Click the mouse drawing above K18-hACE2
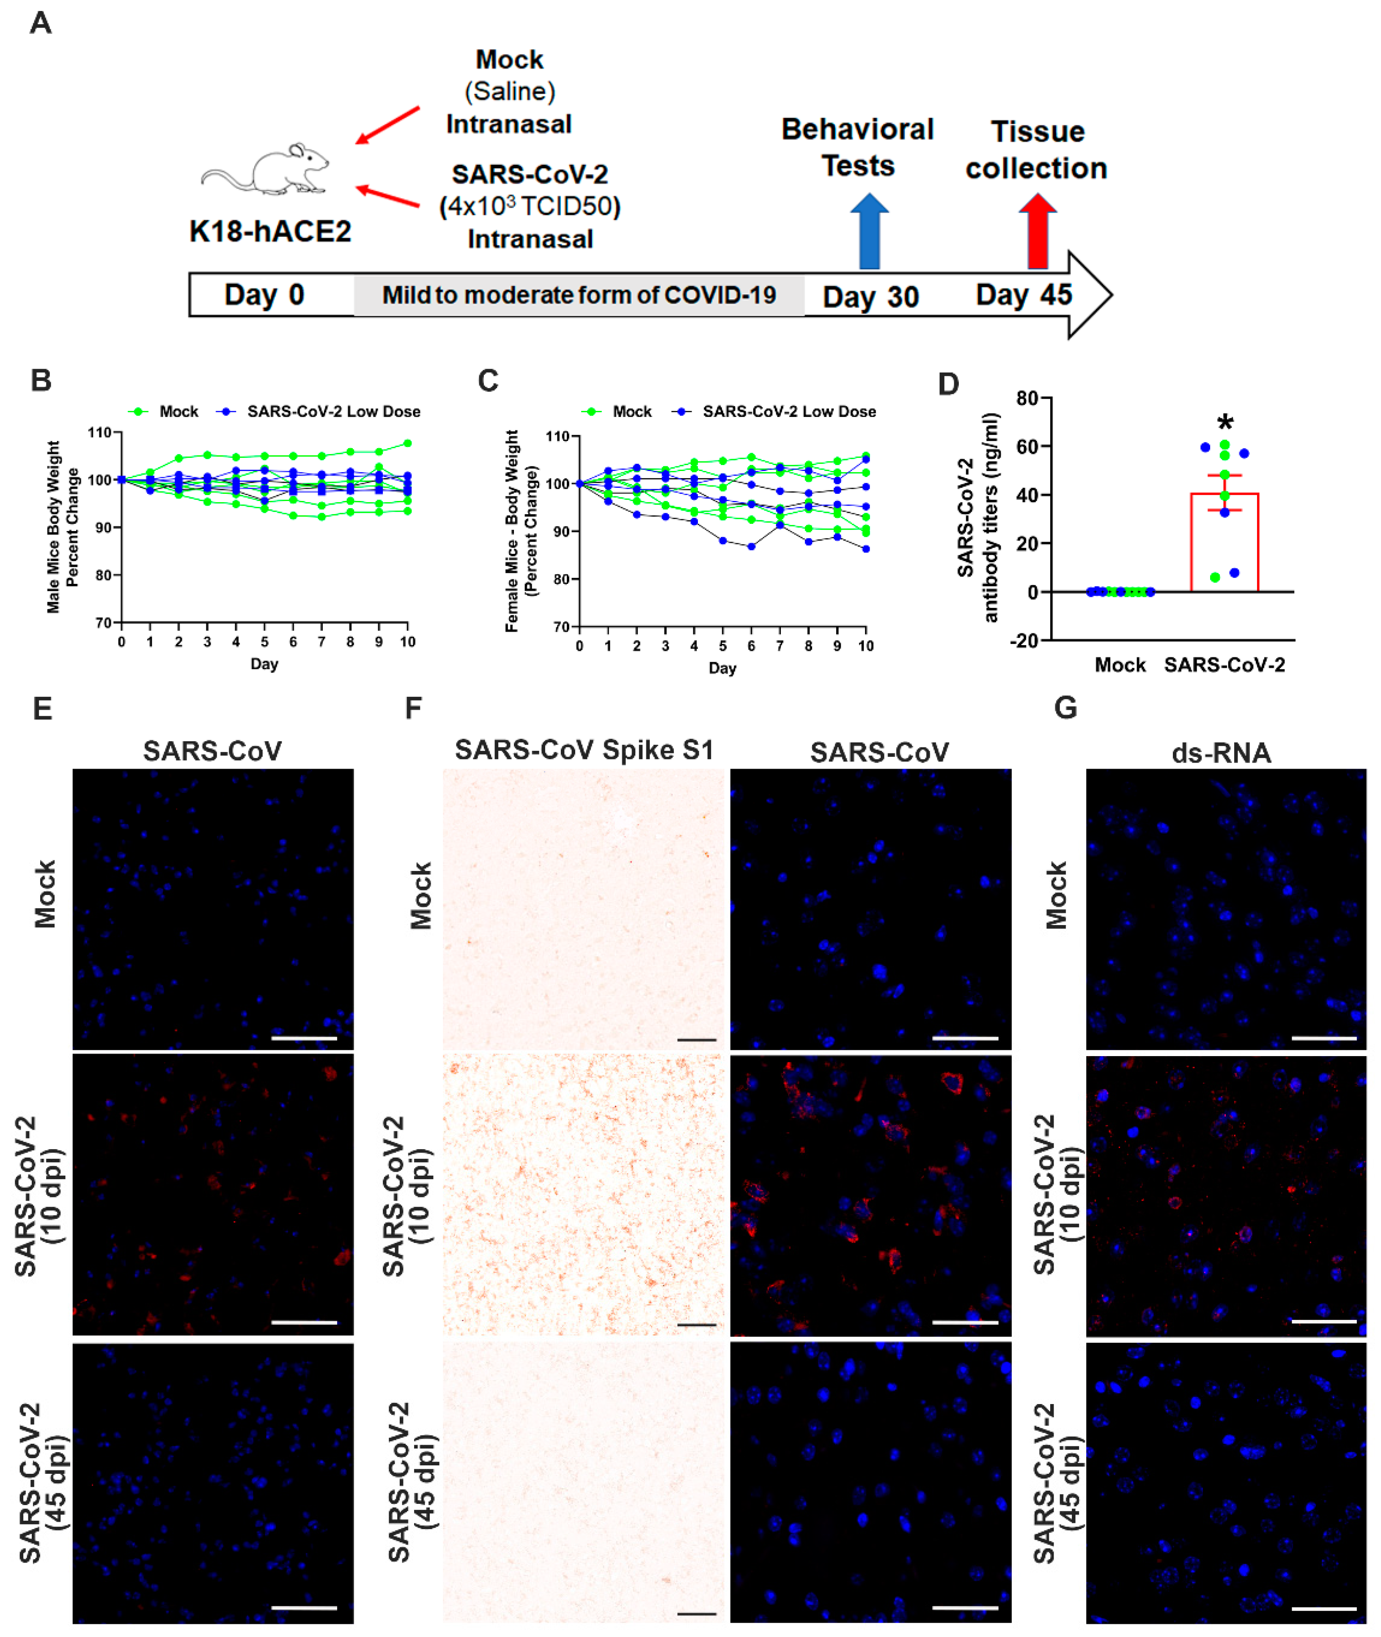tap(266, 168)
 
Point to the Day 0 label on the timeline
tap(264, 295)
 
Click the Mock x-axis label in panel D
tap(1120, 665)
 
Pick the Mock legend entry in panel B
tap(165, 412)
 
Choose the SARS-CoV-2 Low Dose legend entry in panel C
tap(775, 412)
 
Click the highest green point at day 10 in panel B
tap(407, 443)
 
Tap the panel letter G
tap(1065, 708)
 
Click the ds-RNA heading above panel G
tap(1221, 753)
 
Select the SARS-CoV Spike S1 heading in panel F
tap(584, 750)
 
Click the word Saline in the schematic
tap(510, 92)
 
